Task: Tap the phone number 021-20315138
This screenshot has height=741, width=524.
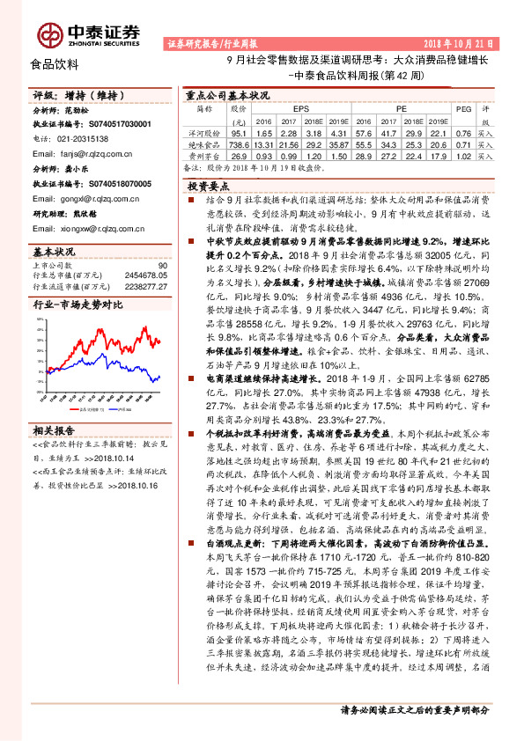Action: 77,139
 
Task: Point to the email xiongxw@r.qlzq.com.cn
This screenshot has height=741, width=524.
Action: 89,224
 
